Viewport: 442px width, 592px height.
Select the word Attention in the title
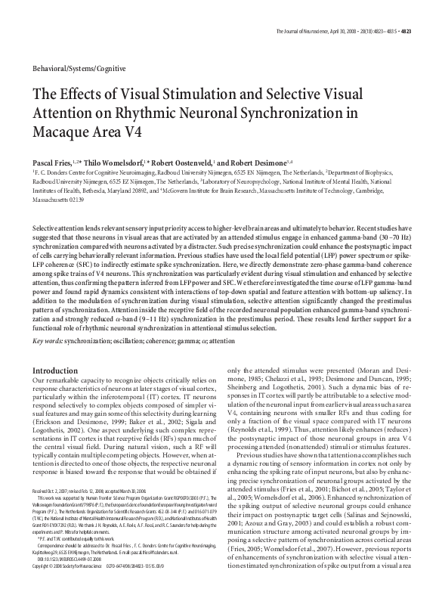pyautogui.click(x=60, y=115)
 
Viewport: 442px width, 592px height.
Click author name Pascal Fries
pyautogui.click(x=50, y=161)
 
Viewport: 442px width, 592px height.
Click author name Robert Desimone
pyautogui.click(x=255, y=161)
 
